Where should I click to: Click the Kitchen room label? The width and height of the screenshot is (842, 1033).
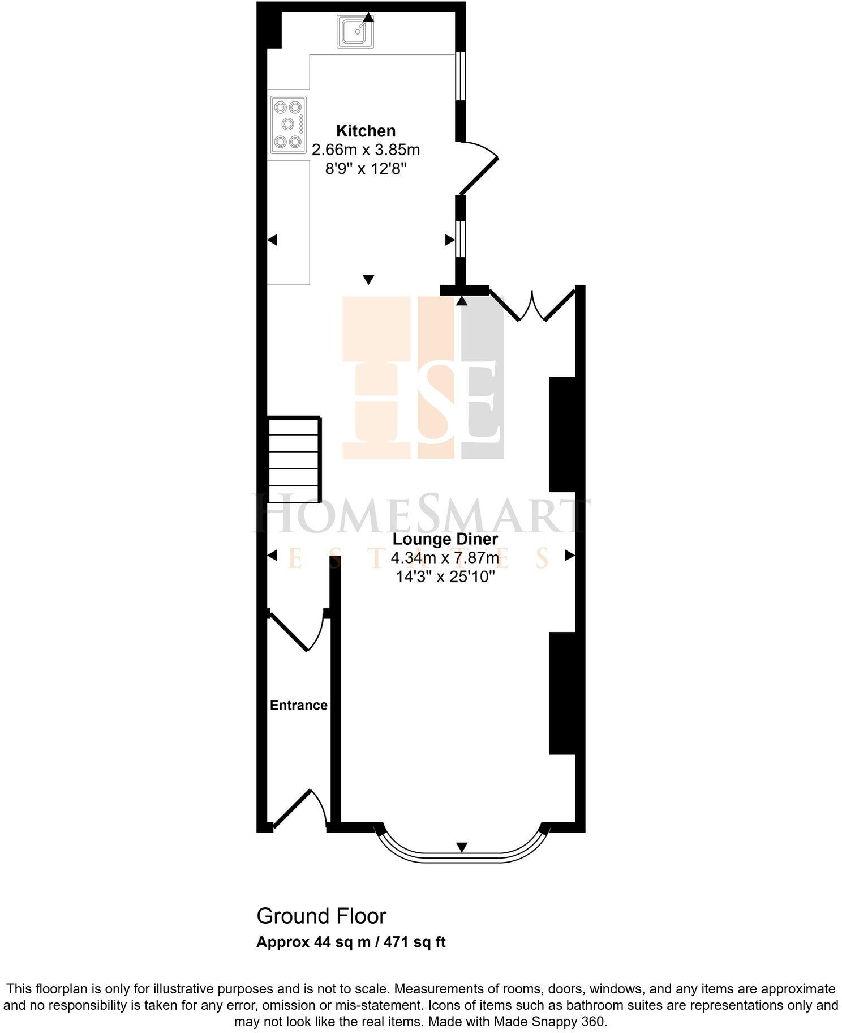366,131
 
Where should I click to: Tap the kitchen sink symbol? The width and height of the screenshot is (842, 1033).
355,32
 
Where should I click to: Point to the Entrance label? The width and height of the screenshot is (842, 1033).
298,705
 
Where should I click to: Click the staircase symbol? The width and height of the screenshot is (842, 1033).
294,460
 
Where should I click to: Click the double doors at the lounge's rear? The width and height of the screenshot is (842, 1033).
532,306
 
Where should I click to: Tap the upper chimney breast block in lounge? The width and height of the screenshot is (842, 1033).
562,434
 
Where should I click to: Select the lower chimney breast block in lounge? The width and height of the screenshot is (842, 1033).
562,693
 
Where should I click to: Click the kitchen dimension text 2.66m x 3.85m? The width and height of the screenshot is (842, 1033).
366,150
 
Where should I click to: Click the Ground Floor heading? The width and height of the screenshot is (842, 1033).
321,916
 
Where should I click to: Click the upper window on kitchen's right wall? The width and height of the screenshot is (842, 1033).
461,76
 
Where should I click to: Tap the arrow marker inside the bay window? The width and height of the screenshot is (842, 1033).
462,847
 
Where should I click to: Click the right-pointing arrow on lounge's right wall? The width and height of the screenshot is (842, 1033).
569,556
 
